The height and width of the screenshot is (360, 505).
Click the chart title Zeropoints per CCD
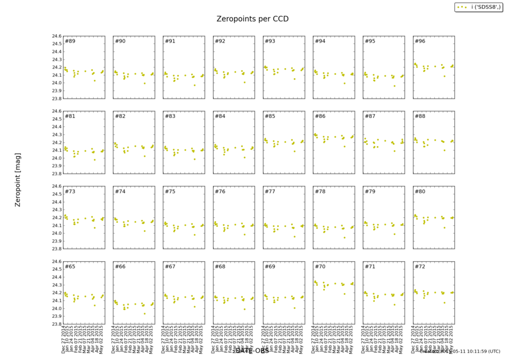[252, 19]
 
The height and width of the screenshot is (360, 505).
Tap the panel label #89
[70, 41]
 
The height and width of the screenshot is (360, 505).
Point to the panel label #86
[320, 116]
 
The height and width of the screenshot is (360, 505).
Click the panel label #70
[320, 266]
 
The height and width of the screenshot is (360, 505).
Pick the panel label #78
[320, 192]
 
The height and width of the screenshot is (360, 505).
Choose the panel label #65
[70, 266]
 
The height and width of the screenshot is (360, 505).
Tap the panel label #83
[170, 116]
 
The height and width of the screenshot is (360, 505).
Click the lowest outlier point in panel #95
[394, 86]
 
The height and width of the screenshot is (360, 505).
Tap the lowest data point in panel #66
[145, 313]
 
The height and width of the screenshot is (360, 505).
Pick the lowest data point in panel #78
[345, 237]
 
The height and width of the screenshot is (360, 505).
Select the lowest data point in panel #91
[195, 85]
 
